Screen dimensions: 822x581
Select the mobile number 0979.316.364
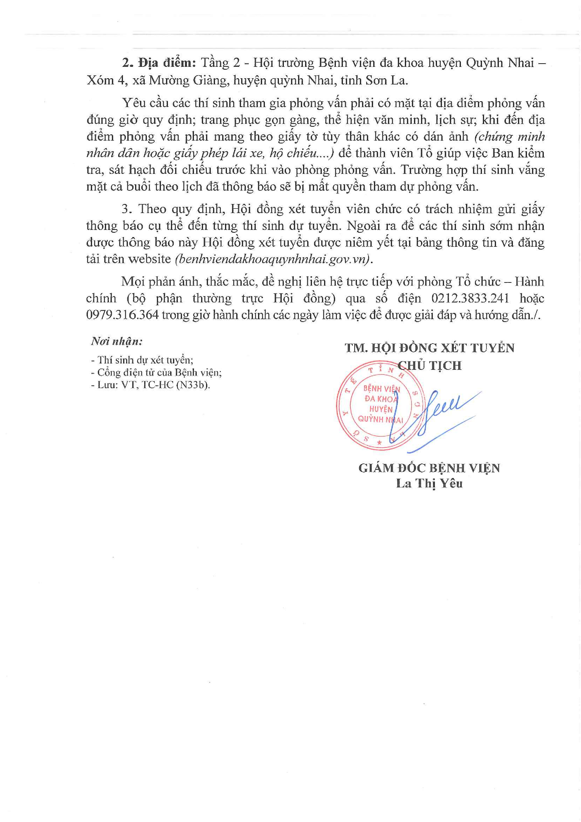122,315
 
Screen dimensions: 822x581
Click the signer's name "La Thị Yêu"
429,483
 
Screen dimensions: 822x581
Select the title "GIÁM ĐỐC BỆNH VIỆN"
429,468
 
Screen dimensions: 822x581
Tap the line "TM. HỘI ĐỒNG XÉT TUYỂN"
429,348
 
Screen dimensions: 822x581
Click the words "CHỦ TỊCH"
430,366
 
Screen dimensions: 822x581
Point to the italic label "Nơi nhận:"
117,341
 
